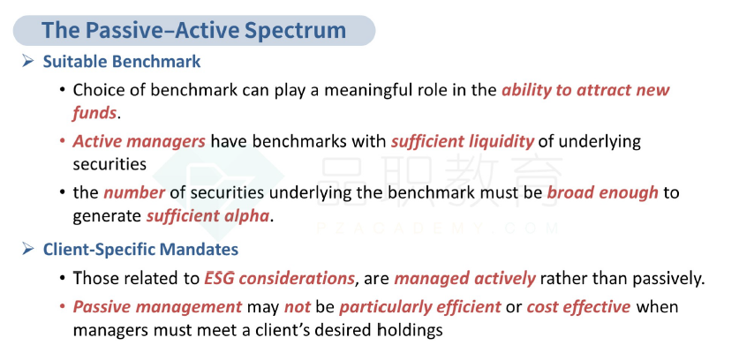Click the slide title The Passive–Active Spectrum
point(193,30)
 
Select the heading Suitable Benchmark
point(122,61)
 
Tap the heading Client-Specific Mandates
point(140,250)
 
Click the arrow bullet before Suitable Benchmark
point(28,61)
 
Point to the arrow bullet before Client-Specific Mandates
point(28,248)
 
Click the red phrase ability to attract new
point(585,89)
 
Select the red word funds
point(94,113)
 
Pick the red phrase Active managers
point(139,141)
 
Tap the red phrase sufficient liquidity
point(463,141)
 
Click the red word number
point(134,192)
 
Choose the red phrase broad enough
point(602,192)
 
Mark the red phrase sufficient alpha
point(207,216)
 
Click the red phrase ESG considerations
point(279,279)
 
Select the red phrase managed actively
point(464,279)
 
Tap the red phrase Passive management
point(157,307)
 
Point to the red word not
point(298,307)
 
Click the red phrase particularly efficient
point(420,307)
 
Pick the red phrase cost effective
point(578,307)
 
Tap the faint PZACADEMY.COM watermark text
point(438,228)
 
